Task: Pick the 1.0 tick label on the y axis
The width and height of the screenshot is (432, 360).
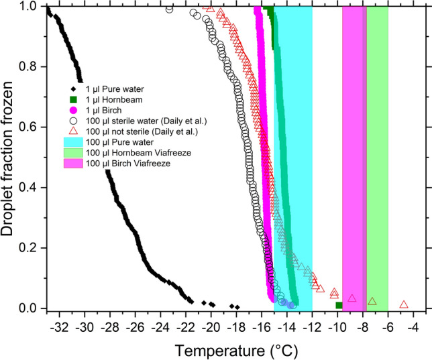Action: click(30, 7)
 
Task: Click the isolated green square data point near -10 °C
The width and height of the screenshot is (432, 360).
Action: click(339, 306)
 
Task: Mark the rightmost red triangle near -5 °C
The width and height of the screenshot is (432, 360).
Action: click(404, 304)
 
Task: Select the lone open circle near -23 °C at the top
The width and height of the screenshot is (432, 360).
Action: click(169, 9)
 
